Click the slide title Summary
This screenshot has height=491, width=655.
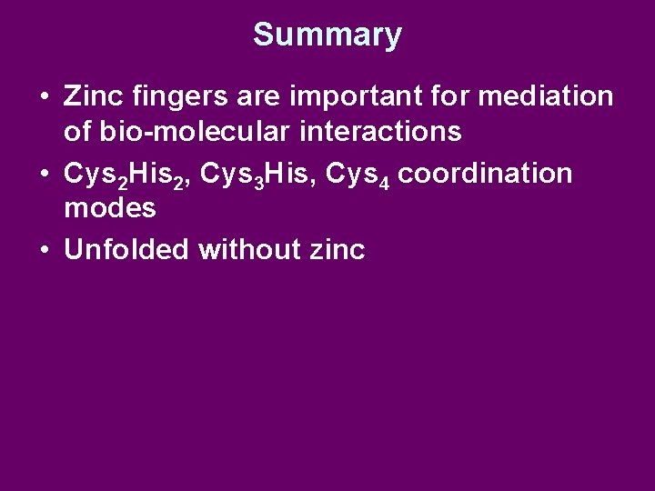327,35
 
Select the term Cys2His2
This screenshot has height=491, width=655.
124,174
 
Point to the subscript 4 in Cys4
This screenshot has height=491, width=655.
385,181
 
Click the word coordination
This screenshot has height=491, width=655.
486,173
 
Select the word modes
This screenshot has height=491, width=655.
110,208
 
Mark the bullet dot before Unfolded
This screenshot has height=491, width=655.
45,250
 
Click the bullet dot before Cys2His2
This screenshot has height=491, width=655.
45,175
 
